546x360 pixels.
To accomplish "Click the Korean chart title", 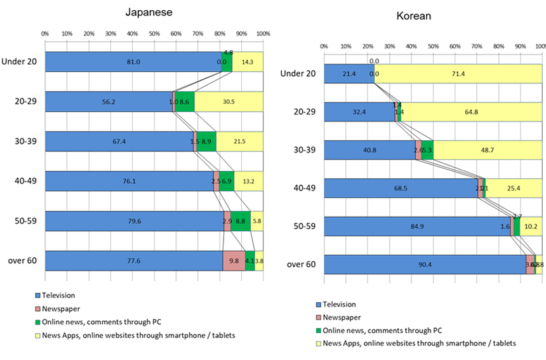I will tap(413, 17).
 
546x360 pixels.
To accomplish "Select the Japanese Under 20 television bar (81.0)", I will tap(133, 62).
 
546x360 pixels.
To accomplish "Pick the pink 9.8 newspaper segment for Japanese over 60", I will tap(234, 261).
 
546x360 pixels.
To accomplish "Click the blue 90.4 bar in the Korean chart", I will tap(425, 265).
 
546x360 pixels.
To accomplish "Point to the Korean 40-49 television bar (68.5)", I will tap(401, 188).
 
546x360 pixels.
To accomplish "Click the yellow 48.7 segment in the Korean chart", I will tap(487, 150).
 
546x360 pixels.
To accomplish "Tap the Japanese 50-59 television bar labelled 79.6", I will tap(134, 221).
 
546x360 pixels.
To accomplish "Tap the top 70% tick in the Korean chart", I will tap(477, 46).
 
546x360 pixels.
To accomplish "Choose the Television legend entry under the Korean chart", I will tap(339, 305).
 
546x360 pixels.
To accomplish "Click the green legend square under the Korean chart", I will tap(317, 330).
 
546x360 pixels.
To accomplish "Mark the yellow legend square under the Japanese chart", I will tap(38, 335).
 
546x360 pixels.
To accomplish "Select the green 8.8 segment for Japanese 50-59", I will tap(240, 221).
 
